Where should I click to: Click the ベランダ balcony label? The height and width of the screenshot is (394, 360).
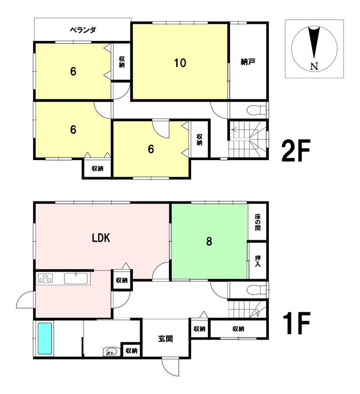(83, 30)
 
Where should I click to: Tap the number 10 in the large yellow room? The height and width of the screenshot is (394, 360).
(180, 63)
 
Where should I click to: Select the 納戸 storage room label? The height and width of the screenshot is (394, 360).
(248, 62)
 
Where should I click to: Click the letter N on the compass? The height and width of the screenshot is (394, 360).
(314, 66)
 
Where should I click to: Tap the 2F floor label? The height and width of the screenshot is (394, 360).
(296, 150)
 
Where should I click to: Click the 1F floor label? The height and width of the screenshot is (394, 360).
(296, 323)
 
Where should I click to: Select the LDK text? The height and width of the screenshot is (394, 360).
(101, 238)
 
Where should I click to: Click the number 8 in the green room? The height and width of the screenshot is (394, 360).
(209, 241)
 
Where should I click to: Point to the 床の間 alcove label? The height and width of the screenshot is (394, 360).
(257, 222)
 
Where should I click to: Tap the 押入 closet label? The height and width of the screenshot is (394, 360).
(257, 261)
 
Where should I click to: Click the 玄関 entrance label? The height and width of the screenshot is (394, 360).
(165, 339)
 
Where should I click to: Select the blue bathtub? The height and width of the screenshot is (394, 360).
(45, 339)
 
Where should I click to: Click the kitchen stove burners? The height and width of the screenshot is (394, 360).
(45, 279)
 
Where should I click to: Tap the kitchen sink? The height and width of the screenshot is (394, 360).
(76, 278)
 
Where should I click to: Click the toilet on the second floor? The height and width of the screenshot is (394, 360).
(256, 110)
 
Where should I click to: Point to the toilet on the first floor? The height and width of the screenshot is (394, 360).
(256, 290)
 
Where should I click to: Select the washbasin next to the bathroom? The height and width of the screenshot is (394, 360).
(111, 351)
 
